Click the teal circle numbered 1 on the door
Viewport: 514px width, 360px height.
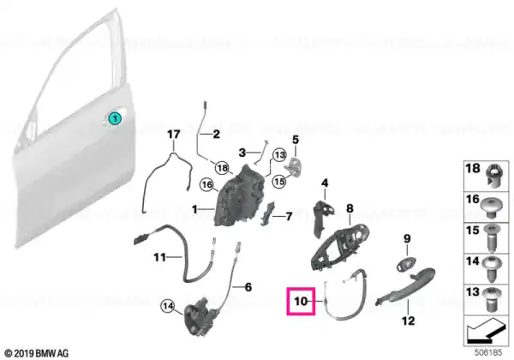coord(115,118)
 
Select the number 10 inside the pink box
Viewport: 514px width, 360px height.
coord(301,301)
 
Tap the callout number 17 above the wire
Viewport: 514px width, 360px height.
coord(174,134)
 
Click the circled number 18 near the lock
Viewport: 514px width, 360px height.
coord(222,169)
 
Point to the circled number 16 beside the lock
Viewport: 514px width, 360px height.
coord(207,185)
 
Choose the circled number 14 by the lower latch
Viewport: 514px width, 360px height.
coord(168,307)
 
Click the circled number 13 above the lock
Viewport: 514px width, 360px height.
coord(279,155)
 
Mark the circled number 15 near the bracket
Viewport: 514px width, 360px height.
coord(279,181)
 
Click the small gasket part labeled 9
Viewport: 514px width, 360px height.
coord(406,264)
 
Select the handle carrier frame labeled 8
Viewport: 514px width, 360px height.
coord(339,246)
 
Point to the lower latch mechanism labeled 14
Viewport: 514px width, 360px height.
coord(200,316)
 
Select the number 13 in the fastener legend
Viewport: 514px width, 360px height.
coord(472,291)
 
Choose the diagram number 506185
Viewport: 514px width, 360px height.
coord(488,353)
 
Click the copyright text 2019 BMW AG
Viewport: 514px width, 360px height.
coord(37,353)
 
